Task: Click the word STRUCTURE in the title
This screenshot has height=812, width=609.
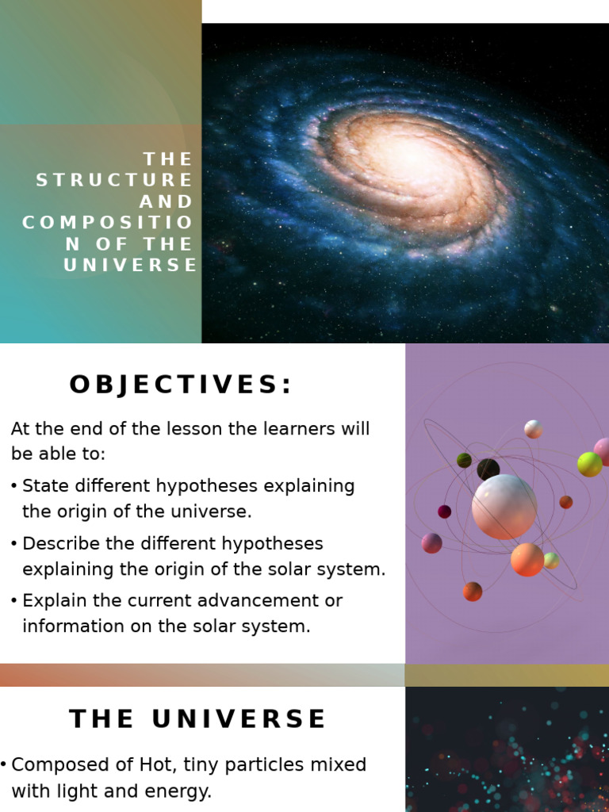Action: pyautogui.click(x=115, y=180)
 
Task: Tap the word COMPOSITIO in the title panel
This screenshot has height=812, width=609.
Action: pyautogui.click(x=108, y=223)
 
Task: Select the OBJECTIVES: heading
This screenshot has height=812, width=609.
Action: pyautogui.click(x=181, y=385)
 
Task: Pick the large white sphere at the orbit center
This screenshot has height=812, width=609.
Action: pyautogui.click(x=504, y=507)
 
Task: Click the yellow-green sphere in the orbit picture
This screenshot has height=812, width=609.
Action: pyautogui.click(x=589, y=464)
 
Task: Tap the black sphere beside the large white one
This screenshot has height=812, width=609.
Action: pyautogui.click(x=488, y=469)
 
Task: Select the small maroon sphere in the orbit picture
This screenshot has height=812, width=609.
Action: pyautogui.click(x=445, y=511)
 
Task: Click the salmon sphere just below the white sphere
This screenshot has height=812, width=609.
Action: pyautogui.click(x=527, y=560)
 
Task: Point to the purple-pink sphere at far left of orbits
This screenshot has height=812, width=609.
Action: pyautogui.click(x=432, y=543)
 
